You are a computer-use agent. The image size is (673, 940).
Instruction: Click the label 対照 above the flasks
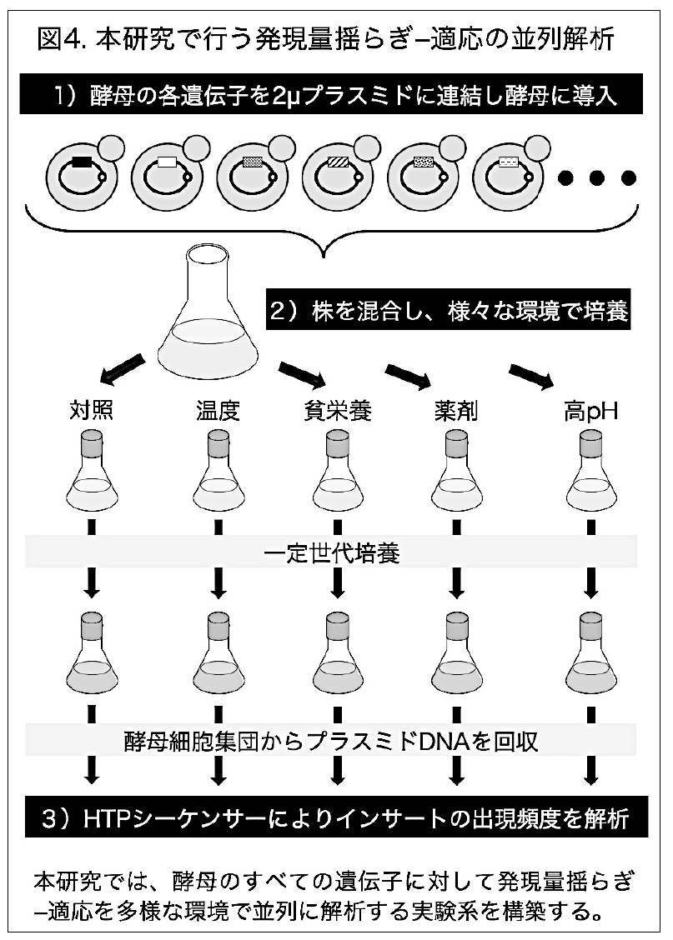pyautogui.click(x=93, y=412)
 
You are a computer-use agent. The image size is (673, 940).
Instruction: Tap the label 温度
pyautogui.click(x=218, y=412)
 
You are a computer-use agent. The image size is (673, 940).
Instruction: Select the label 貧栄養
pyautogui.click(x=338, y=412)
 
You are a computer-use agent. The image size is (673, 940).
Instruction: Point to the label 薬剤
pyautogui.click(x=456, y=412)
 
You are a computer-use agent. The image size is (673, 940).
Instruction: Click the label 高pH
pyautogui.click(x=590, y=412)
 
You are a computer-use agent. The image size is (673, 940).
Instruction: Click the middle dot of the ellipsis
pyautogui.click(x=597, y=178)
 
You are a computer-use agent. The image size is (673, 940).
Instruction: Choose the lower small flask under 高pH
pyautogui.click(x=589, y=650)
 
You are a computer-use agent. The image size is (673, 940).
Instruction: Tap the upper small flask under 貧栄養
pyautogui.click(x=338, y=471)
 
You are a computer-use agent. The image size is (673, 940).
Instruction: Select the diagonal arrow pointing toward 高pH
pyautogui.click(x=530, y=375)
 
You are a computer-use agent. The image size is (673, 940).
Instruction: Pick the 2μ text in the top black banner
pyautogui.click(x=281, y=97)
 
